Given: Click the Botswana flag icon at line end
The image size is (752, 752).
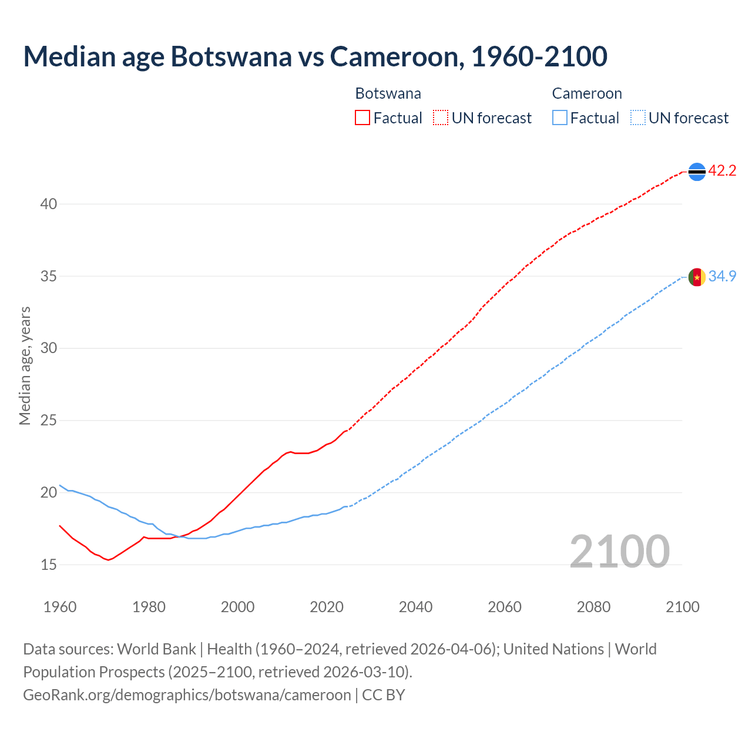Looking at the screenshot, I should [697, 172].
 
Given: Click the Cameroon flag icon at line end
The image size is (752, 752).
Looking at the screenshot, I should [697, 277].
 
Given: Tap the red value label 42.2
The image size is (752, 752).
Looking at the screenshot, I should [722, 171].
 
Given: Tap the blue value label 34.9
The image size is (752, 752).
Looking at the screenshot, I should [722, 276].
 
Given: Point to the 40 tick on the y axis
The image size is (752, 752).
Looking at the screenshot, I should [49, 204].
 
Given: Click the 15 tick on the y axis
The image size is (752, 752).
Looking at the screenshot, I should [49, 565].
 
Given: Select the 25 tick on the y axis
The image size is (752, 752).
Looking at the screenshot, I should [49, 421].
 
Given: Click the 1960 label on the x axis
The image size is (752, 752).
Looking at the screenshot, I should [60, 607].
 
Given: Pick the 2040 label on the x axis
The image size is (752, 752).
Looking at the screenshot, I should [415, 607].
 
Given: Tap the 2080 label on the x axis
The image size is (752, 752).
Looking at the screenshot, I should [593, 607].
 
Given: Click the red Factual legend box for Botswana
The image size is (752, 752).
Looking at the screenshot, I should [362, 118].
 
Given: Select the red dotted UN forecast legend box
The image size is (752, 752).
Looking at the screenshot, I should [441, 118].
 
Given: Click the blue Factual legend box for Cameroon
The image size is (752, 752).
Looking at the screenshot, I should [560, 118].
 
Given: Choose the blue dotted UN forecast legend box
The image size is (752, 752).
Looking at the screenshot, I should [637, 118].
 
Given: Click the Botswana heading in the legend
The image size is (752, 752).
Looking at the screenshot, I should [388, 93].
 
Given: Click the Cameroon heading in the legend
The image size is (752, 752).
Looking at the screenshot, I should [586, 93].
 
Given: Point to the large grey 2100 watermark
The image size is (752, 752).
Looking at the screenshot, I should [620, 551].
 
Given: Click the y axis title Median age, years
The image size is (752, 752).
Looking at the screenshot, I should [25, 365].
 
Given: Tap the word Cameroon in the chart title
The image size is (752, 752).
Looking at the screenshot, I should [396, 56].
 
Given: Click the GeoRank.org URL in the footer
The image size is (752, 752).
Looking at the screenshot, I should [187, 695].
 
